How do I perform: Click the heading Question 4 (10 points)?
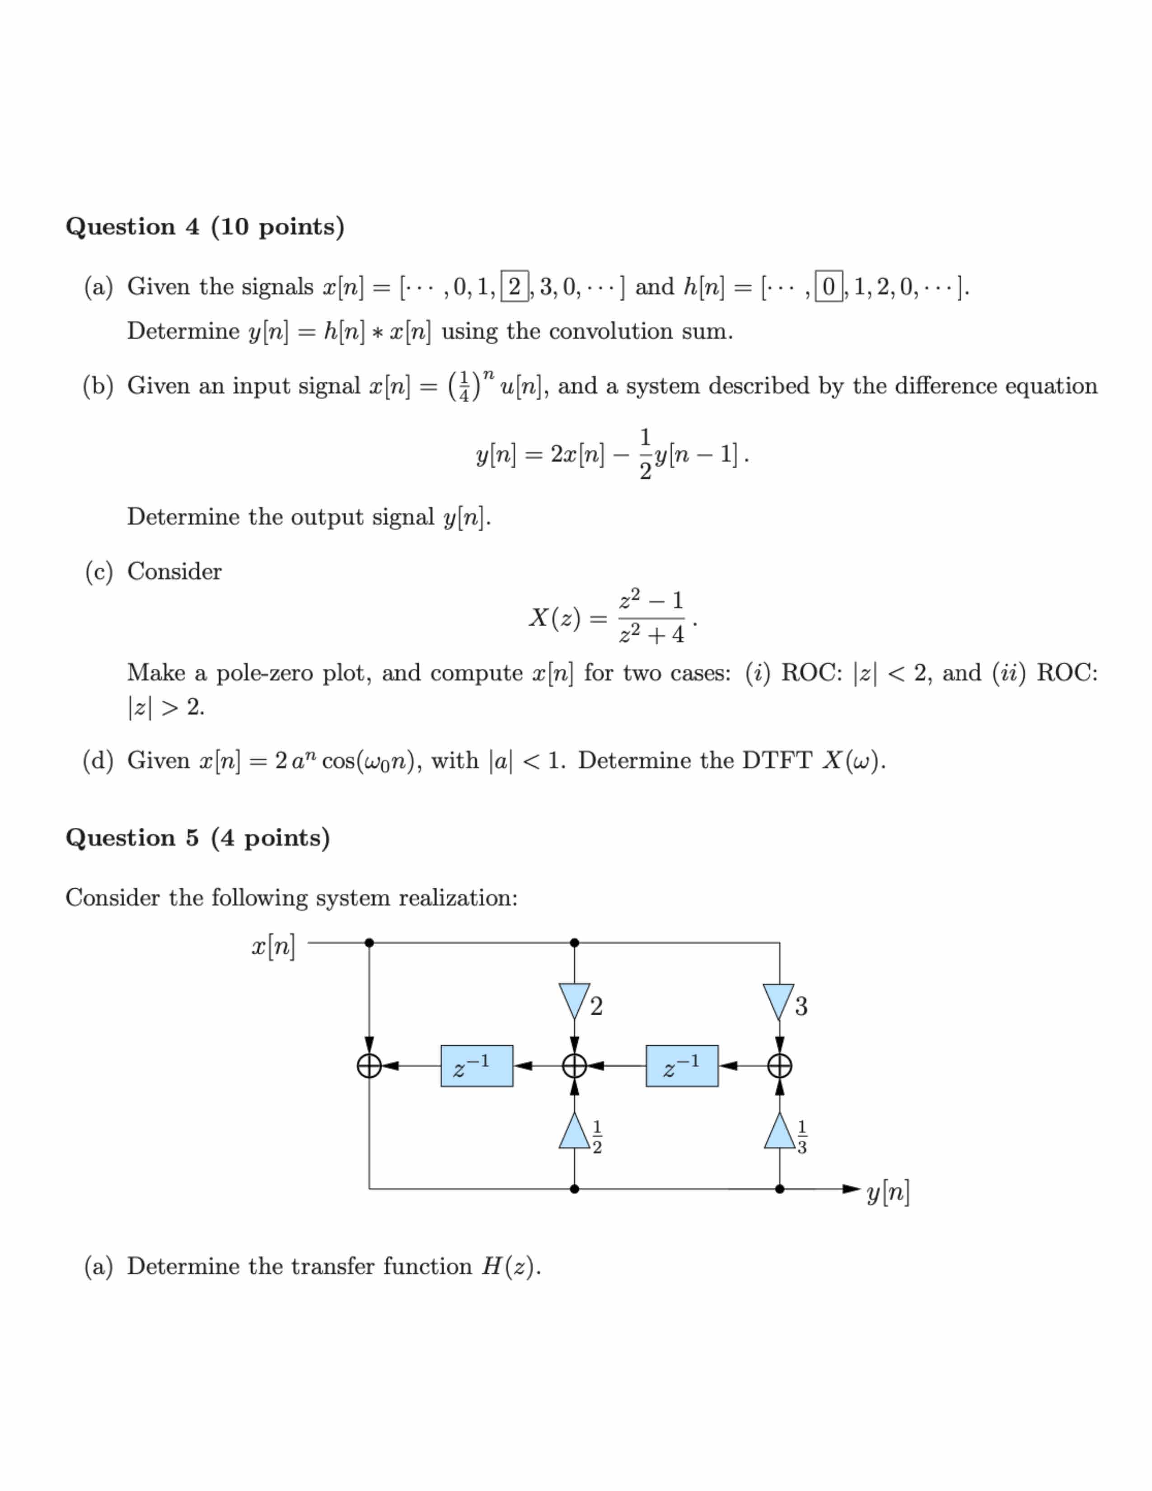(x=205, y=227)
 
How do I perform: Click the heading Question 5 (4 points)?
(x=197, y=838)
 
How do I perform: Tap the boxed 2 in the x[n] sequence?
(x=515, y=286)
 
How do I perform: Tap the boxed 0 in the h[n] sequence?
(x=829, y=286)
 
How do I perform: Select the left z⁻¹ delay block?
(x=476, y=1066)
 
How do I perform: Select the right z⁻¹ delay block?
(x=682, y=1066)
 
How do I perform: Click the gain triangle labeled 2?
(x=574, y=1001)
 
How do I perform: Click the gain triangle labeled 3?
(x=779, y=1001)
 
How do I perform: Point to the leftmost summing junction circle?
(x=369, y=1066)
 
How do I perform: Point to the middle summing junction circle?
(x=574, y=1066)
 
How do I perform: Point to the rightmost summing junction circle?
(x=779, y=1066)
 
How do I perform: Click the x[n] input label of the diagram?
(x=273, y=947)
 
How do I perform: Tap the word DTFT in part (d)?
(x=777, y=760)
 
